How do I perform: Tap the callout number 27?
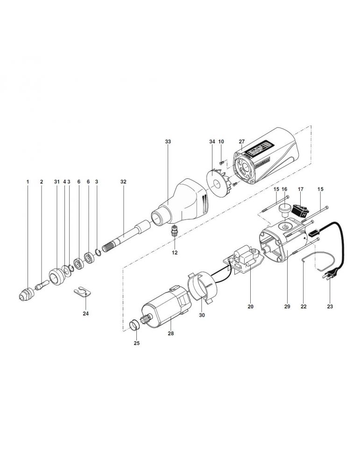point(241,141)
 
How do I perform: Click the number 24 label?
point(85,313)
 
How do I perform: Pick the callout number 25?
point(137,343)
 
